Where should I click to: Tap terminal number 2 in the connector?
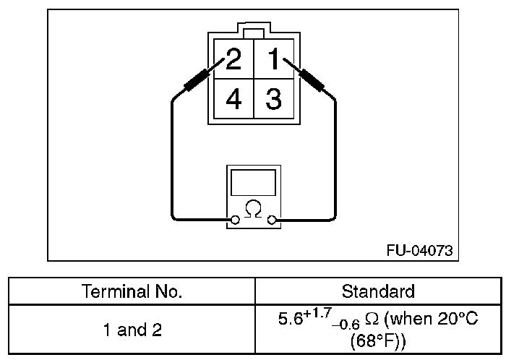pos(233,59)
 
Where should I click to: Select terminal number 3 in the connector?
pos(273,99)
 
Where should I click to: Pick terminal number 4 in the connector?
pos(233,99)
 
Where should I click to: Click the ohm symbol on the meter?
pos(253,210)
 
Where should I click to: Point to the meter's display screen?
pos(253,181)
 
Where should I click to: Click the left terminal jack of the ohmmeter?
pos(235,219)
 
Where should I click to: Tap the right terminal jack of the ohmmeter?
pos(272,219)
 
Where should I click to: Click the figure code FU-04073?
pos(419,250)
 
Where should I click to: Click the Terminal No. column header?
pos(132,292)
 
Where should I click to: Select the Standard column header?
pos(378,292)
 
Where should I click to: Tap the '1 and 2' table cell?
pos(132,330)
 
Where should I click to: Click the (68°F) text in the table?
pos(378,340)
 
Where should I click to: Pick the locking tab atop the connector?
pos(253,33)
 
